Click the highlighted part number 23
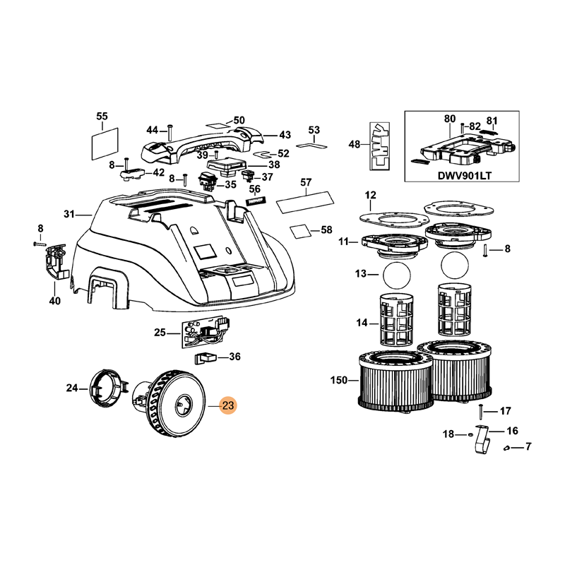pyautogui.click(x=229, y=406)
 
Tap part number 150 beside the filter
pyautogui.click(x=339, y=381)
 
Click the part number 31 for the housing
pyautogui.click(x=69, y=214)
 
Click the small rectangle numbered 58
pyautogui.click(x=302, y=230)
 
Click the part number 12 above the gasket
pyautogui.click(x=371, y=194)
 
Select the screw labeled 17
pyautogui.click(x=480, y=410)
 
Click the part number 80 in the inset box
pyautogui.click(x=450, y=119)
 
